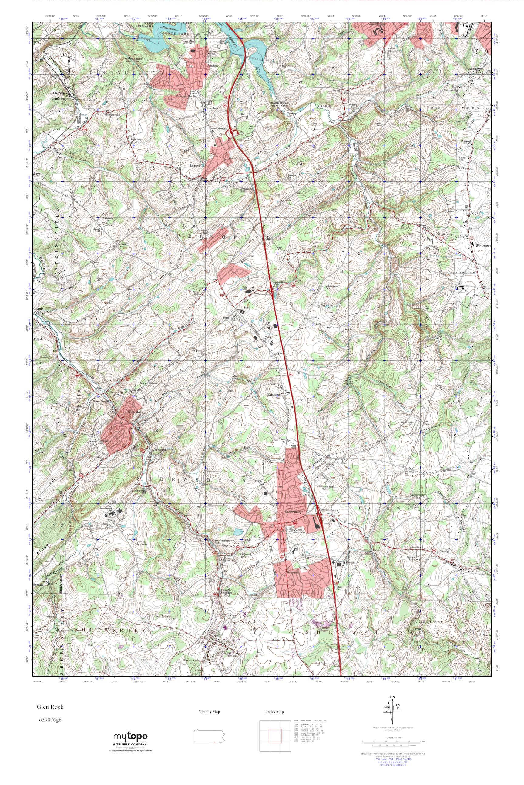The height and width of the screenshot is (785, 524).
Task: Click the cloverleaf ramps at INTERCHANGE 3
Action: pos(232,134)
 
